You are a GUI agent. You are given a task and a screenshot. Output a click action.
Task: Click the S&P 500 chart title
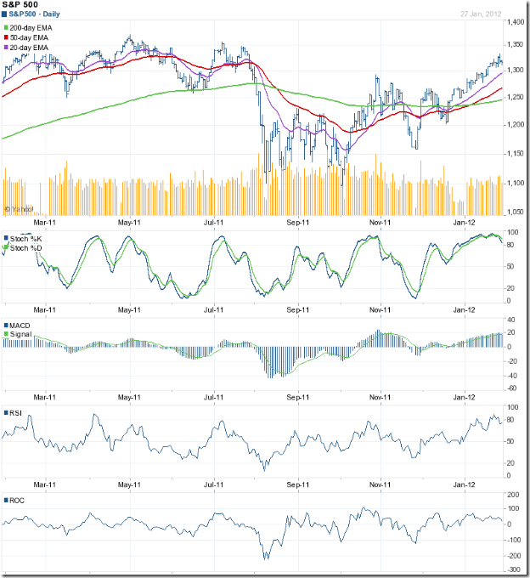click(18, 6)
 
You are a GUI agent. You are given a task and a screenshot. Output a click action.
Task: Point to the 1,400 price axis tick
click(515, 21)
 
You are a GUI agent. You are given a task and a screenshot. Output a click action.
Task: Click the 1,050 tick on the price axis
click(515, 212)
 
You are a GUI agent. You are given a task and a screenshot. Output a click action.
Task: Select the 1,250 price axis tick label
click(515, 98)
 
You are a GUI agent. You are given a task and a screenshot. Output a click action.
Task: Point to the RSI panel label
click(15, 413)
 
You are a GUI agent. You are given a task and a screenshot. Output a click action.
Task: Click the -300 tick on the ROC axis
click(513, 567)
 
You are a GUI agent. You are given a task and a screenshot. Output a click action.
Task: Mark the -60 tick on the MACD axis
click(513, 388)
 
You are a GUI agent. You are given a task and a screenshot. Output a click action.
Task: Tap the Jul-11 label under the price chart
click(214, 223)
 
